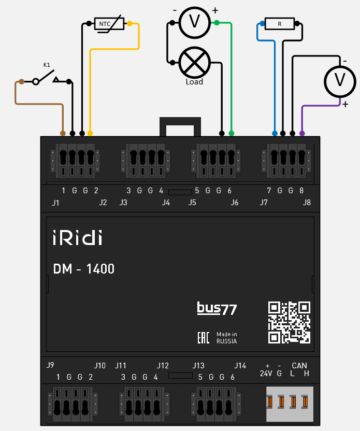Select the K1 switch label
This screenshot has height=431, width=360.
(47, 65)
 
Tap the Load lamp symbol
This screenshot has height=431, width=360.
(194, 63)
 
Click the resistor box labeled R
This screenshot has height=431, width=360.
(280, 24)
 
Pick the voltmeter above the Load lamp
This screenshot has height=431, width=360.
(194, 22)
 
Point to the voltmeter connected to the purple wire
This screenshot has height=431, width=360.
(340, 80)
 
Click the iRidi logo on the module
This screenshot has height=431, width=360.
(77, 238)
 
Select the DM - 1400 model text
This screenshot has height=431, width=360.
(83, 269)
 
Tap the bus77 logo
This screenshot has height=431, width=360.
(217, 309)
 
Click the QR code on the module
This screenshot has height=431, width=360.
(289, 322)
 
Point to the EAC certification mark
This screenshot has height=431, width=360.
(204, 338)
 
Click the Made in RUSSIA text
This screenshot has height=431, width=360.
(227, 338)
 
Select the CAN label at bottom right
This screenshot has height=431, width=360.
(299, 366)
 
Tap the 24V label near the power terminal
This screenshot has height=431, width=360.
(266, 373)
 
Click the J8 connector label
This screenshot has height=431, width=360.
(307, 203)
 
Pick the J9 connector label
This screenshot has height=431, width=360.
(50, 365)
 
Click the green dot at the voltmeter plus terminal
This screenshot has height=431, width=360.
(217, 22)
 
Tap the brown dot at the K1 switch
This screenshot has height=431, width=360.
(21, 81)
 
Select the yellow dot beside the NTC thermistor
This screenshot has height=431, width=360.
(129, 23)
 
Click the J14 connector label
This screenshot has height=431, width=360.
(240, 365)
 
